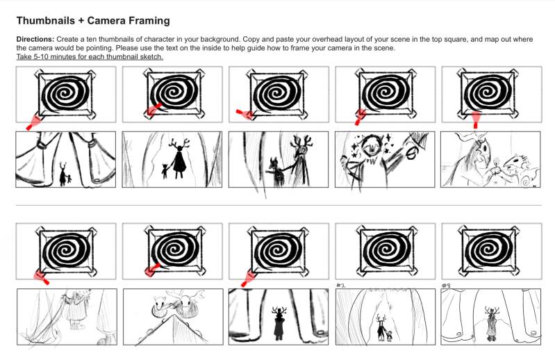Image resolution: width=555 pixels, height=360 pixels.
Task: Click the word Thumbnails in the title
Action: point(46,21)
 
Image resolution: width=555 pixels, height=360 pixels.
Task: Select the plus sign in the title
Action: point(81,21)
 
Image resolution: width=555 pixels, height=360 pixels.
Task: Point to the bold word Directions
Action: point(35,40)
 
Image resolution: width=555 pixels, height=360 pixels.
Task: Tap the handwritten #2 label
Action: point(340,286)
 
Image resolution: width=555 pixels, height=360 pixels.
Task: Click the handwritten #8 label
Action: point(446,286)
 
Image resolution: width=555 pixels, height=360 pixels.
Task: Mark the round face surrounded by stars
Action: point(371,145)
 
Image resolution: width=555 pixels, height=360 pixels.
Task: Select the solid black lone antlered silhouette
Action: point(279,323)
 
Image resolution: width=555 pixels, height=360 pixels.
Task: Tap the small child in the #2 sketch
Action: point(390,336)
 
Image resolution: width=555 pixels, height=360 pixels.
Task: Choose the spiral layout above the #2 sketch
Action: point(386,252)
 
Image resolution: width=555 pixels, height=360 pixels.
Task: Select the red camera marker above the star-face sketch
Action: point(361,117)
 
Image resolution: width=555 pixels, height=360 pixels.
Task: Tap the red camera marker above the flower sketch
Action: point(476,120)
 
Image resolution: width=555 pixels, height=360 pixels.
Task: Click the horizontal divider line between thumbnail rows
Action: point(279,205)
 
